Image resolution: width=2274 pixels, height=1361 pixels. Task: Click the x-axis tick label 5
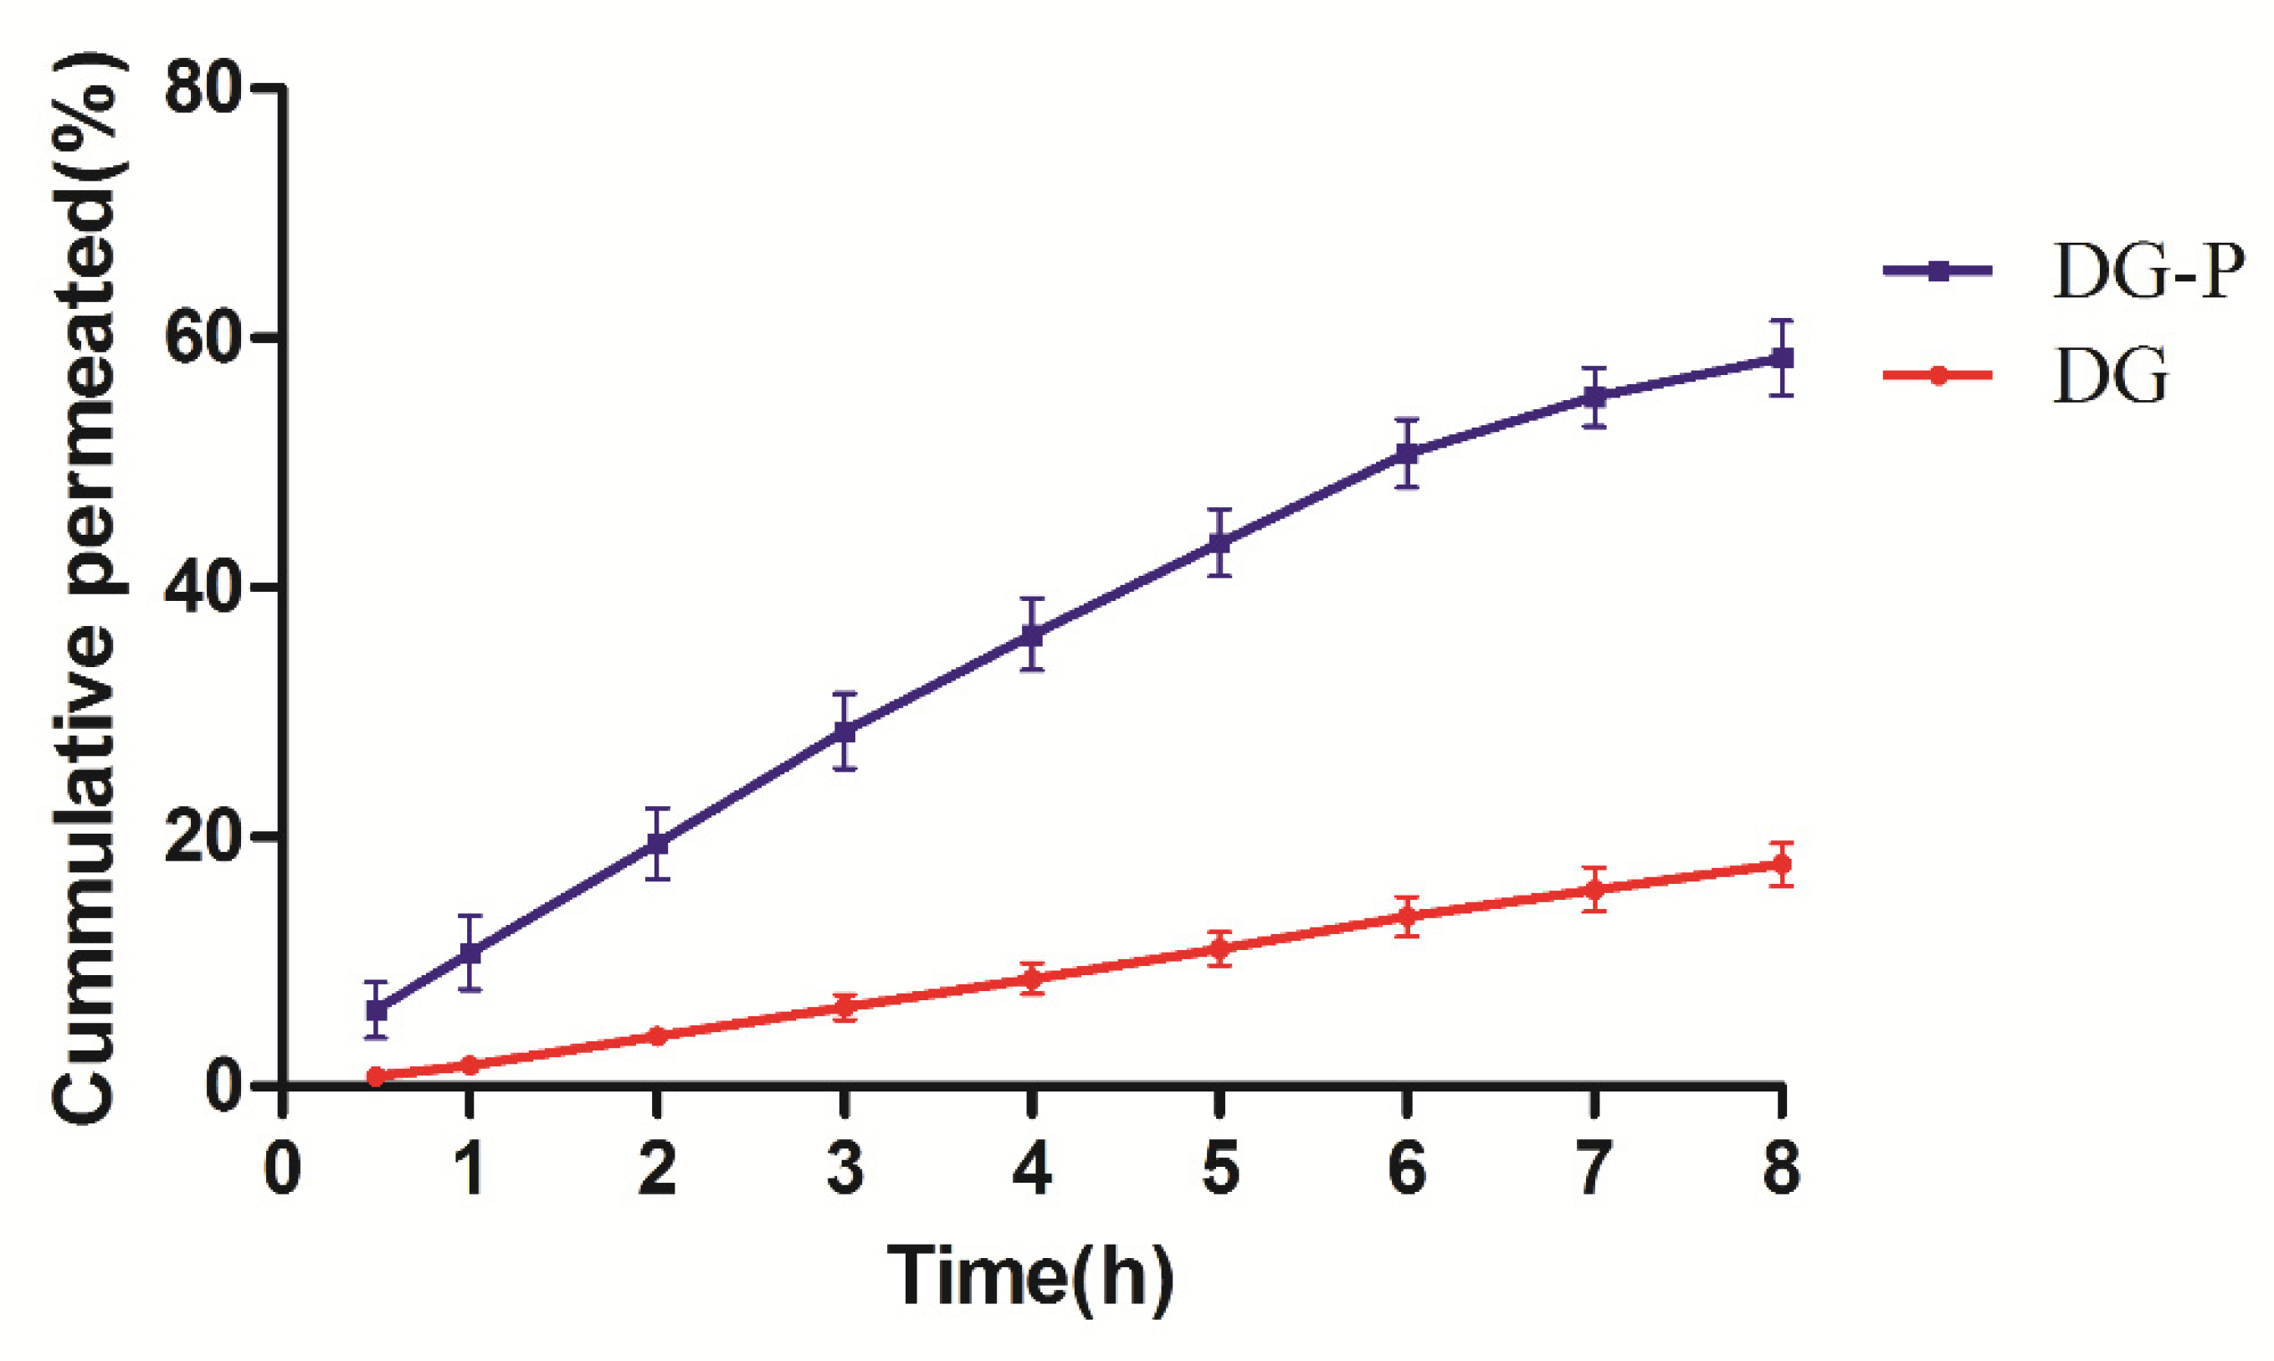tap(1219, 1168)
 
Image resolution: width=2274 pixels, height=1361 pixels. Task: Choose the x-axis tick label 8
tap(1781, 1168)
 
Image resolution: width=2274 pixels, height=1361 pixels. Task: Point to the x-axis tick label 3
tap(844, 1168)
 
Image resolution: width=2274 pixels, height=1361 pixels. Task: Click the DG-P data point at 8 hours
tap(1781, 357)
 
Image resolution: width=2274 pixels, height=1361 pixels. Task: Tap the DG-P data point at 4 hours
tap(1033, 634)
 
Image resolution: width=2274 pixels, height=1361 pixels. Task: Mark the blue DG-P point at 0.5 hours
tap(377, 1009)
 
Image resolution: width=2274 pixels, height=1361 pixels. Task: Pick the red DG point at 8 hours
tap(1781, 864)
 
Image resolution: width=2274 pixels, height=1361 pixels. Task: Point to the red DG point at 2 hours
tap(656, 1036)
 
